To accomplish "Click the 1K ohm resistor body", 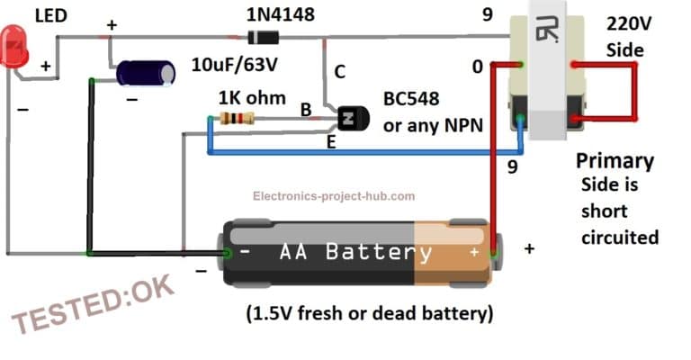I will click(237, 118).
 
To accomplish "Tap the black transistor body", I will click(352, 118).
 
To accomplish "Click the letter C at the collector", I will click(340, 72).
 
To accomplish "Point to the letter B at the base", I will click(306, 110).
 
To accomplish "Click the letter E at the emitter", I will click(331, 141).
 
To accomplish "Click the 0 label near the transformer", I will click(479, 67).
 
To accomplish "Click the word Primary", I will click(615, 161).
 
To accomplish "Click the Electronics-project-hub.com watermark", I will click(334, 195).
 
